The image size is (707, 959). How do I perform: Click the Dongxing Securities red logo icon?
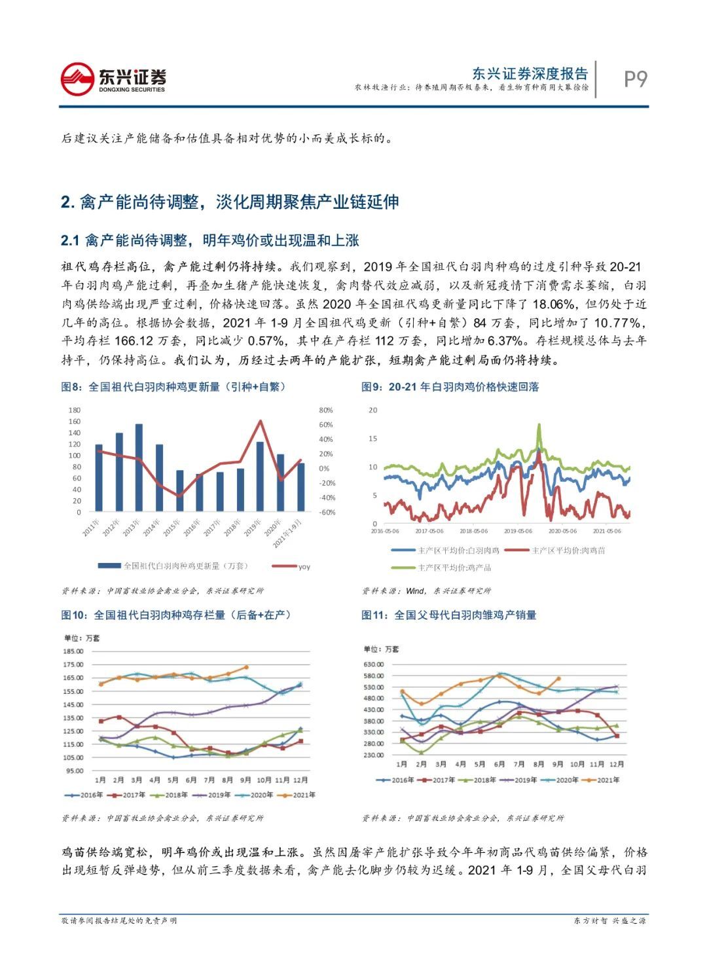(x=77, y=79)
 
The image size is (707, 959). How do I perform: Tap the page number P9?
(x=634, y=79)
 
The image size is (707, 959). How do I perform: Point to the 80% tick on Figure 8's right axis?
(x=325, y=410)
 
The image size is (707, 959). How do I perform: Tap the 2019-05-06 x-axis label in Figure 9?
(x=518, y=532)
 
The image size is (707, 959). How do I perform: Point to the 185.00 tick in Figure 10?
(x=73, y=651)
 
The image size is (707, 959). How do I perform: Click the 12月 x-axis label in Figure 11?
(x=615, y=764)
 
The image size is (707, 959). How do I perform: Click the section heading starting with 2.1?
(x=209, y=241)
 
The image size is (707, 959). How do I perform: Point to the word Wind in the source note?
(x=415, y=590)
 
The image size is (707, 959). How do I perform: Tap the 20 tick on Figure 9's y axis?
(x=373, y=410)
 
